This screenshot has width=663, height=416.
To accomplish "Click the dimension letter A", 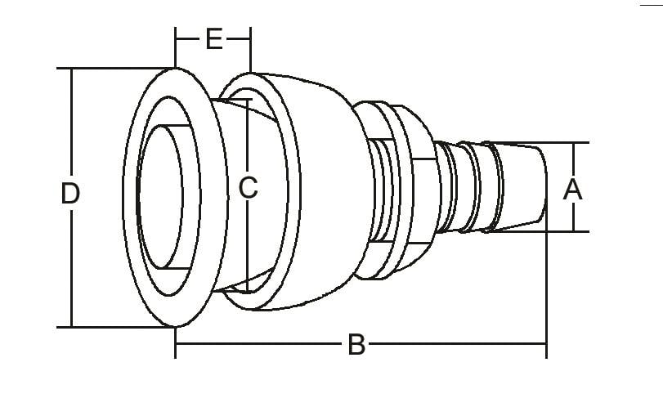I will [573, 190].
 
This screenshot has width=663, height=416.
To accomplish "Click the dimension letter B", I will [356, 345].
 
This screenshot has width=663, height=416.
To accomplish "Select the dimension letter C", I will [248, 189].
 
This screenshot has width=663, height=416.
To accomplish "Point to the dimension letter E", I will [214, 38].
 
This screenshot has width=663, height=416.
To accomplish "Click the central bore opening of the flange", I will [168, 196].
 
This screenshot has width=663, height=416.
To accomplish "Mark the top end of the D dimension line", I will [72, 69].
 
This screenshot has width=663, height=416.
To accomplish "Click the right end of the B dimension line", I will [545, 345].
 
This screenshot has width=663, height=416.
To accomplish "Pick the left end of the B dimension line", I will [176, 345].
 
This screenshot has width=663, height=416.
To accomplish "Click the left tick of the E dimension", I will [176, 38].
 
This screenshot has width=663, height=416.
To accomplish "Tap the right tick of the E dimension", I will [251, 38].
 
